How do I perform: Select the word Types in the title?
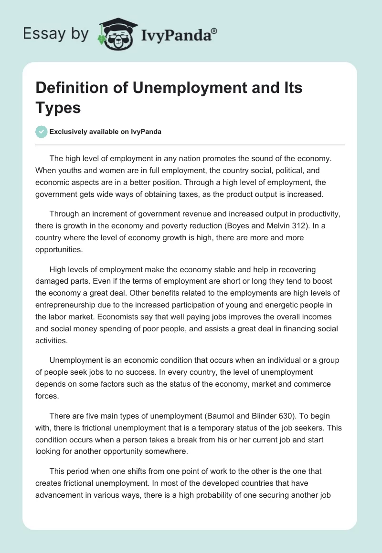coord(58,107)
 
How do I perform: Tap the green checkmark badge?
coord(42,132)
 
